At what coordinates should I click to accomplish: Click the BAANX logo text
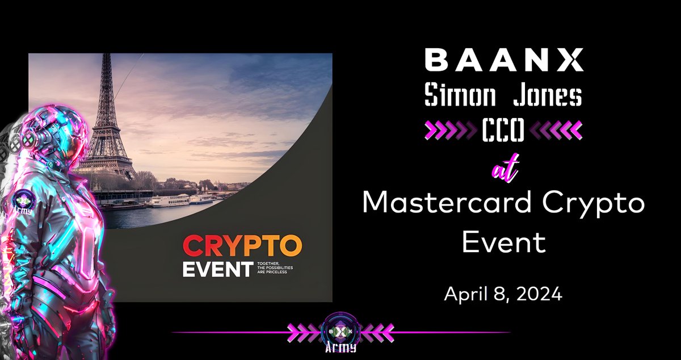tap(503, 60)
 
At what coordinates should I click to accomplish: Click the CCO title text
tap(503, 132)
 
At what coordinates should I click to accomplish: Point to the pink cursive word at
tap(503, 169)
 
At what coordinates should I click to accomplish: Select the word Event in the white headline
tap(503, 242)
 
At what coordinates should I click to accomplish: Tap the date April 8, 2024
tap(503, 294)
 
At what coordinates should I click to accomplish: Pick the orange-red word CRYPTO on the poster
tap(242, 247)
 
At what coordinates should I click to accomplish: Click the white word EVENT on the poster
tap(216, 269)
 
